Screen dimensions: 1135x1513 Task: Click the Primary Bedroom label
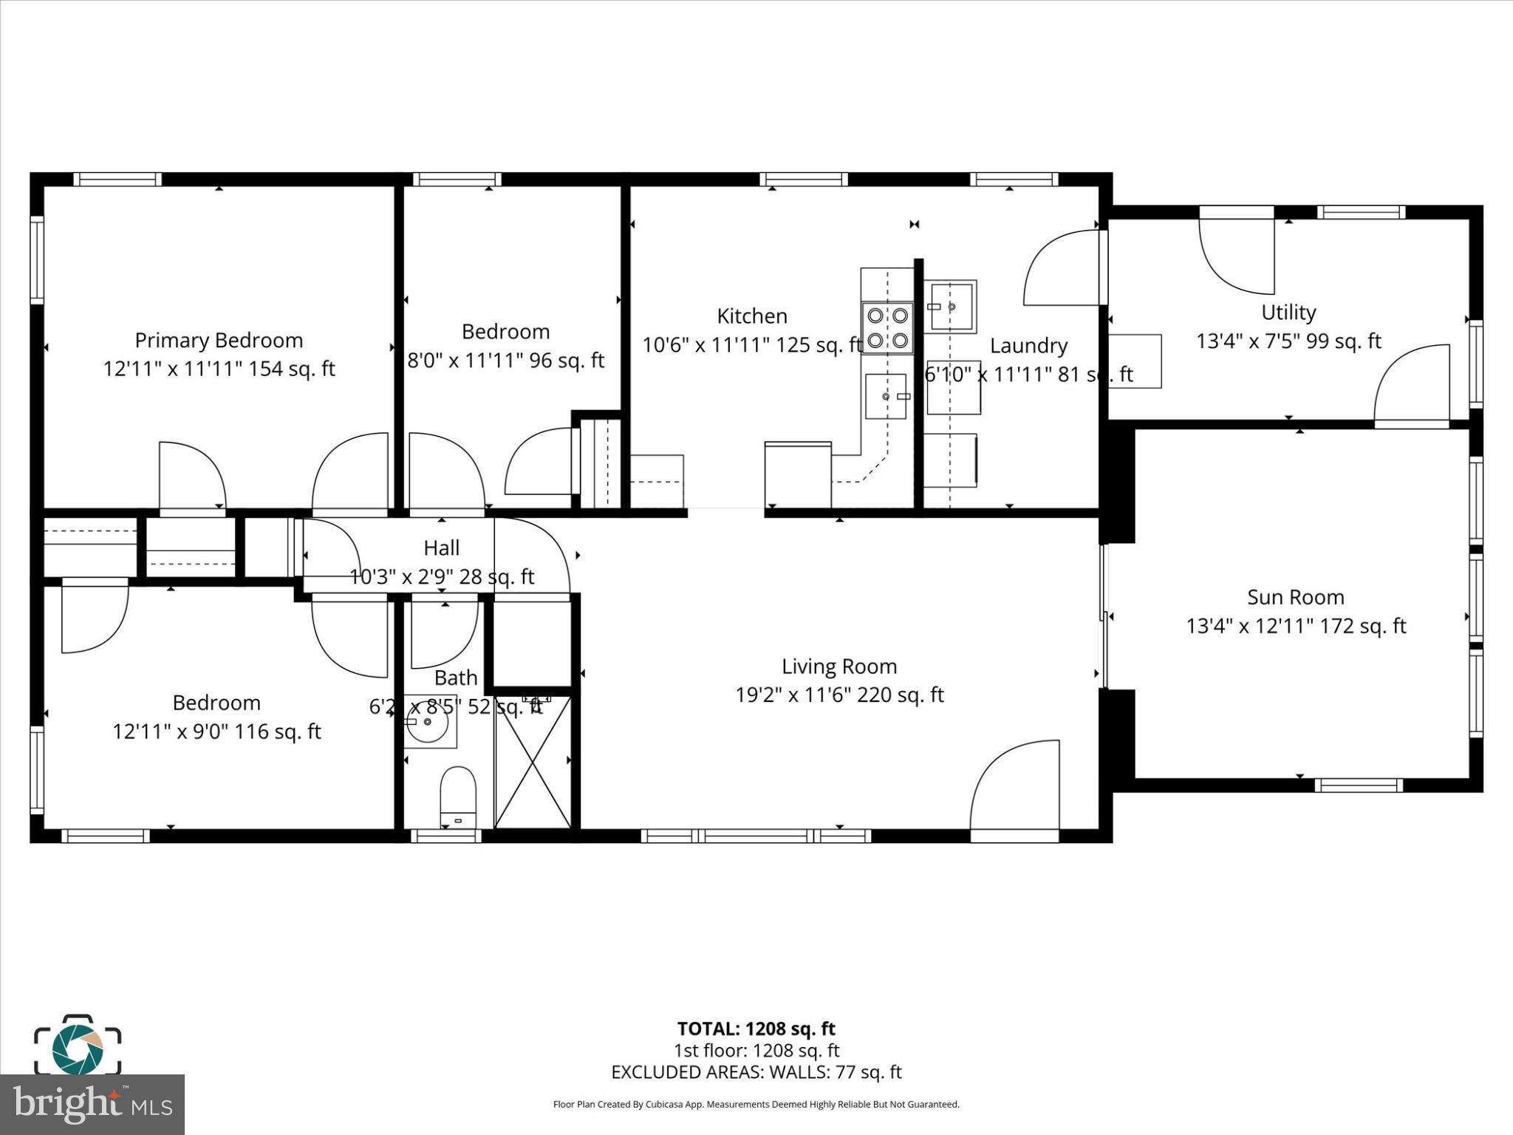click(219, 341)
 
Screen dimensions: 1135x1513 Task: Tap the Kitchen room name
click(752, 316)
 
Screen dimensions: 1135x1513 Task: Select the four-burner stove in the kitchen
click(887, 328)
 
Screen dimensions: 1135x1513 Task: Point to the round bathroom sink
click(429, 721)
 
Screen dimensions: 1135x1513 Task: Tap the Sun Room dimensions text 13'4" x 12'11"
click(1250, 627)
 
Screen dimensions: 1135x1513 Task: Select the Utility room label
click(1288, 313)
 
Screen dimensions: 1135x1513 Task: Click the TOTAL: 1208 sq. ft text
click(756, 1029)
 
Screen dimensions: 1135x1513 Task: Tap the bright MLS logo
click(92, 1104)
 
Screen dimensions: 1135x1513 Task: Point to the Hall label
click(442, 548)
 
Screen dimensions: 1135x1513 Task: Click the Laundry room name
click(1028, 346)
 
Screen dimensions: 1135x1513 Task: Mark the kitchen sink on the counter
click(886, 397)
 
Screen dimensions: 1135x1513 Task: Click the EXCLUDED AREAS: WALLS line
click(756, 1072)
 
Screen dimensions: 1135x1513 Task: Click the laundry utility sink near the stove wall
click(952, 306)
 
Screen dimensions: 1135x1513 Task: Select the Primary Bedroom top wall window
click(117, 179)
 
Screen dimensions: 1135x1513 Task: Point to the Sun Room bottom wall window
click(1358, 785)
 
